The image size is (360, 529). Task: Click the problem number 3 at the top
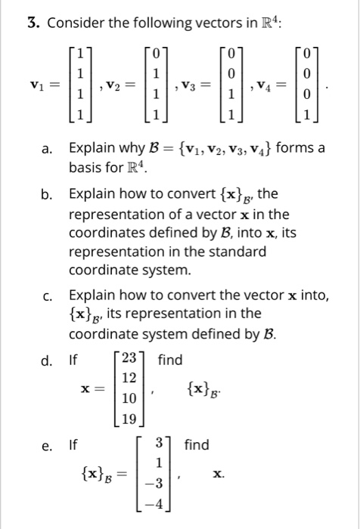33,23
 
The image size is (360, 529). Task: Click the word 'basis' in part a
85,166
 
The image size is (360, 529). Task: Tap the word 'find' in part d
170,360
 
